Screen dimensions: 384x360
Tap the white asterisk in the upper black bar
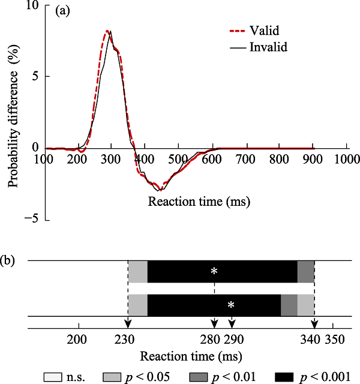pyautogui.click(x=214, y=271)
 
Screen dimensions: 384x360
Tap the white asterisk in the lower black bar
pyautogui.click(x=231, y=305)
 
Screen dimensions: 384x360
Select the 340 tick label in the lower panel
pyautogui.click(x=313, y=340)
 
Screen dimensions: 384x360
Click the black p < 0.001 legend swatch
pyautogui.click(x=284, y=377)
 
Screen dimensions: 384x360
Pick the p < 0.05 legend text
pyautogui.click(x=142, y=377)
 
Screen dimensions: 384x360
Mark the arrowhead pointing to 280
pyautogui.click(x=215, y=324)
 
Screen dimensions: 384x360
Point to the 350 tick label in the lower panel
pyautogui.click(x=334, y=340)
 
